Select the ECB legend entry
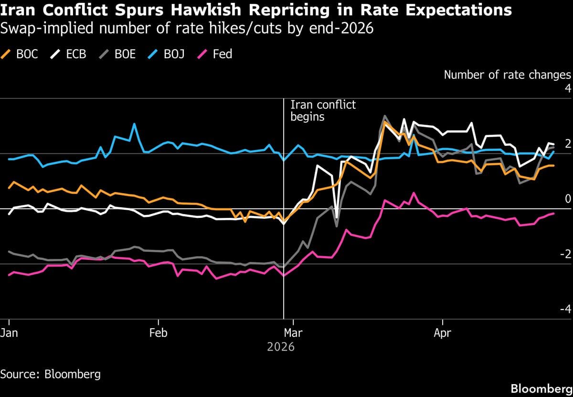pyautogui.click(x=69, y=54)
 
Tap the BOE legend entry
pyautogui.click(x=118, y=54)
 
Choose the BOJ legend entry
pyautogui.click(x=167, y=54)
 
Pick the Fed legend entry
pyautogui.click(x=215, y=54)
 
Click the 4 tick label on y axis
pyautogui.click(x=567, y=88)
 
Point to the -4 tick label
pyautogui.click(x=565, y=309)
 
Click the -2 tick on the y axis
pyautogui.click(x=565, y=254)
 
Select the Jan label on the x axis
pyautogui.click(x=9, y=333)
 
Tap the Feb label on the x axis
pyautogui.click(x=158, y=333)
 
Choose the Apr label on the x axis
pyautogui.click(x=443, y=333)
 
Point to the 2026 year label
pyautogui.click(x=281, y=347)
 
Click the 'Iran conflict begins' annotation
pyautogui.click(x=323, y=110)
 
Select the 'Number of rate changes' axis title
pyautogui.click(x=507, y=75)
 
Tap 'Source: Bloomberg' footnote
pyautogui.click(x=51, y=374)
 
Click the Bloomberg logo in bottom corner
pyautogui.click(x=541, y=388)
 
